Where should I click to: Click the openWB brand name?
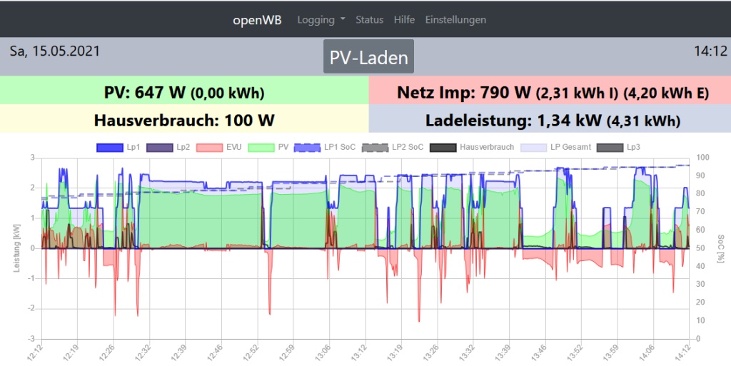coord(257,20)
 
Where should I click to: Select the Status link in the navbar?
coord(369,20)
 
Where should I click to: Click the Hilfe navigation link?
coord(404,20)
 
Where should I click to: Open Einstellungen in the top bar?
coord(455,20)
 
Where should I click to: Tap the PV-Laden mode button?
coord(368,58)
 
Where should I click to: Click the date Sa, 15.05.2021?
coord(55,51)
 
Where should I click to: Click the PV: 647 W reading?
coord(184,92)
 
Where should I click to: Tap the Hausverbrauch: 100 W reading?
coord(184,120)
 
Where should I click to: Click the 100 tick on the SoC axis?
coord(702,158)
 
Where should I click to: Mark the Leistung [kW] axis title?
coord(16,248)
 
